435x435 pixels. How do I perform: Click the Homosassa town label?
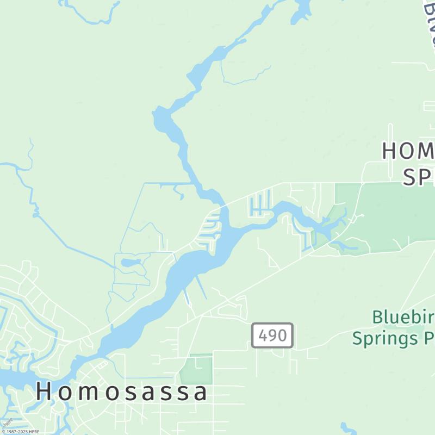(x=122, y=392)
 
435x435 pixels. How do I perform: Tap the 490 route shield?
(x=272, y=335)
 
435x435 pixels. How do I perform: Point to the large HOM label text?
(x=408, y=151)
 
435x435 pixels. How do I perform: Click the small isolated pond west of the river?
(x=131, y=263)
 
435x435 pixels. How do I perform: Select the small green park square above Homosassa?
(x=196, y=370)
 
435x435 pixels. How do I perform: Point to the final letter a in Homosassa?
(x=201, y=393)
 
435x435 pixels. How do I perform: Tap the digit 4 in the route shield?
(x=262, y=335)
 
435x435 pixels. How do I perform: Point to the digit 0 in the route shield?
(x=282, y=335)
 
